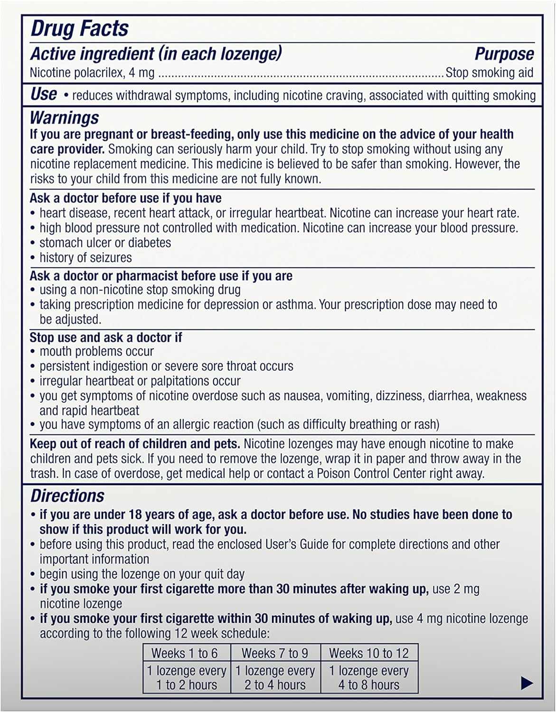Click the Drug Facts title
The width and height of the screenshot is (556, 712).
[79, 28]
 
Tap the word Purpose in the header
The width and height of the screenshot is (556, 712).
[504, 54]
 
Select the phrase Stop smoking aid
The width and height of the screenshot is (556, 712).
[489, 73]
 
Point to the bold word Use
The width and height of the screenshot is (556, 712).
[44, 94]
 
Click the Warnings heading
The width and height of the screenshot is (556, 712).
[65, 118]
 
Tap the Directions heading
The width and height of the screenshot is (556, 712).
[67, 496]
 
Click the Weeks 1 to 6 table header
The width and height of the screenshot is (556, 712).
[184, 653]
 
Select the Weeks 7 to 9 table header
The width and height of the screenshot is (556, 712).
[275, 653]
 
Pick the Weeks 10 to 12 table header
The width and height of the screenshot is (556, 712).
[369, 653]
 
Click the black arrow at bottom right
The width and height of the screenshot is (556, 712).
[527, 684]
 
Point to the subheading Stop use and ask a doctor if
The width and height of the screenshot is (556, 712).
[106, 337]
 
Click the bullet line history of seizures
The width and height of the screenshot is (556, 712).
[85, 258]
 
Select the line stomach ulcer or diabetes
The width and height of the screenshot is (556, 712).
[105, 243]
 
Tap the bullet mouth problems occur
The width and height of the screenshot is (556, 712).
[96, 352]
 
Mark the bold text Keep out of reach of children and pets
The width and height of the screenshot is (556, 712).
[135, 444]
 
